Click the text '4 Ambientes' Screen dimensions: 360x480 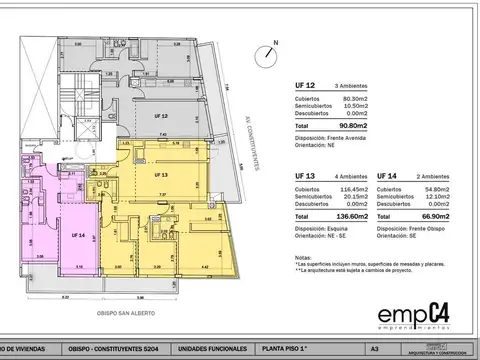click(353, 176)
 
